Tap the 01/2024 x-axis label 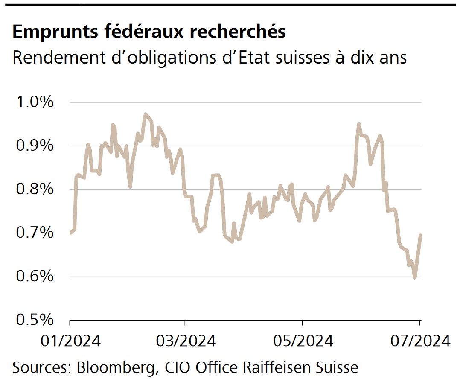coord(70,341)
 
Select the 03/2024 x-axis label coord(185,341)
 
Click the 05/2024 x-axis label coord(302,341)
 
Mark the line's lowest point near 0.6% coord(414,278)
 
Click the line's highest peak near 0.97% coord(146,114)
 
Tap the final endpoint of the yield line coord(421,235)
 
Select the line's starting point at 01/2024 coord(70,233)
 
